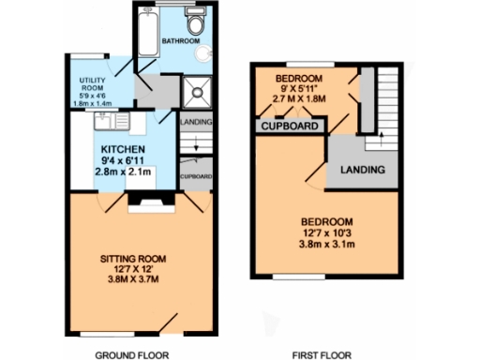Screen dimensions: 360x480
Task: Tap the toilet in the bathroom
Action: pyautogui.click(x=196, y=22)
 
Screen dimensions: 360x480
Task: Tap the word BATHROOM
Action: pyautogui.click(x=181, y=42)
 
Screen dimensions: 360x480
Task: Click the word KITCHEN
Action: pyautogui.click(x=123, y=149)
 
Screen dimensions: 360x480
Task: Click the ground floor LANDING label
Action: pyautogui.click(x=196, y=121)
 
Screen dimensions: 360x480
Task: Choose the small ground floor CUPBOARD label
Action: pyautogui.click(x=196, y=176)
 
